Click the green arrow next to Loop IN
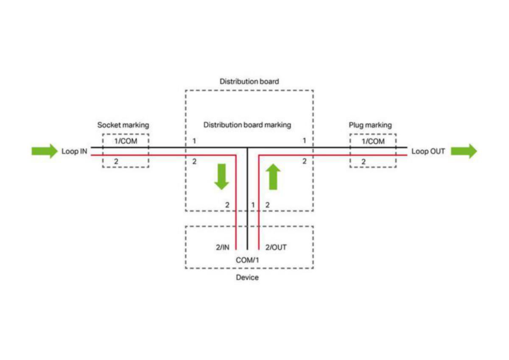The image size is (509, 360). pos(45,151)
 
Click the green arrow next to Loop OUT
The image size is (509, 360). pos(464,151)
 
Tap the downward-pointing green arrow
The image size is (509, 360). pos(221,177)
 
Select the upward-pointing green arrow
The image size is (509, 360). pos(273,177)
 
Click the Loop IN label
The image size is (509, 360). pos(74,151)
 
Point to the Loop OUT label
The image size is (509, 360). pos(428,151)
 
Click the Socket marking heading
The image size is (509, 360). pos(123,125)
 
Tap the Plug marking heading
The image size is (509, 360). pos(370,125)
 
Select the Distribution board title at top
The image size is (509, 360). pos(249,81)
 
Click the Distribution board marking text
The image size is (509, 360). pos(247,125)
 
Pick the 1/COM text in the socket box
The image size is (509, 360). pos(126,141)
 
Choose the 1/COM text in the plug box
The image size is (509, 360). pos(373,141)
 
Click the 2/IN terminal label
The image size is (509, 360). pos(222,247)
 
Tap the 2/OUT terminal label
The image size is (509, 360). pos(276,247)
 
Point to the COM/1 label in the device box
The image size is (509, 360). pos(247,260)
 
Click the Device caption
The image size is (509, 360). pos(247,277)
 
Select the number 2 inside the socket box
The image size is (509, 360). pos(116,162)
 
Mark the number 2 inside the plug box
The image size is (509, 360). pos(364,162)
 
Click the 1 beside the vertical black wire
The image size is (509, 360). pos(253,205)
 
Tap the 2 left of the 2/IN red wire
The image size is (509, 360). pos(227,205)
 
